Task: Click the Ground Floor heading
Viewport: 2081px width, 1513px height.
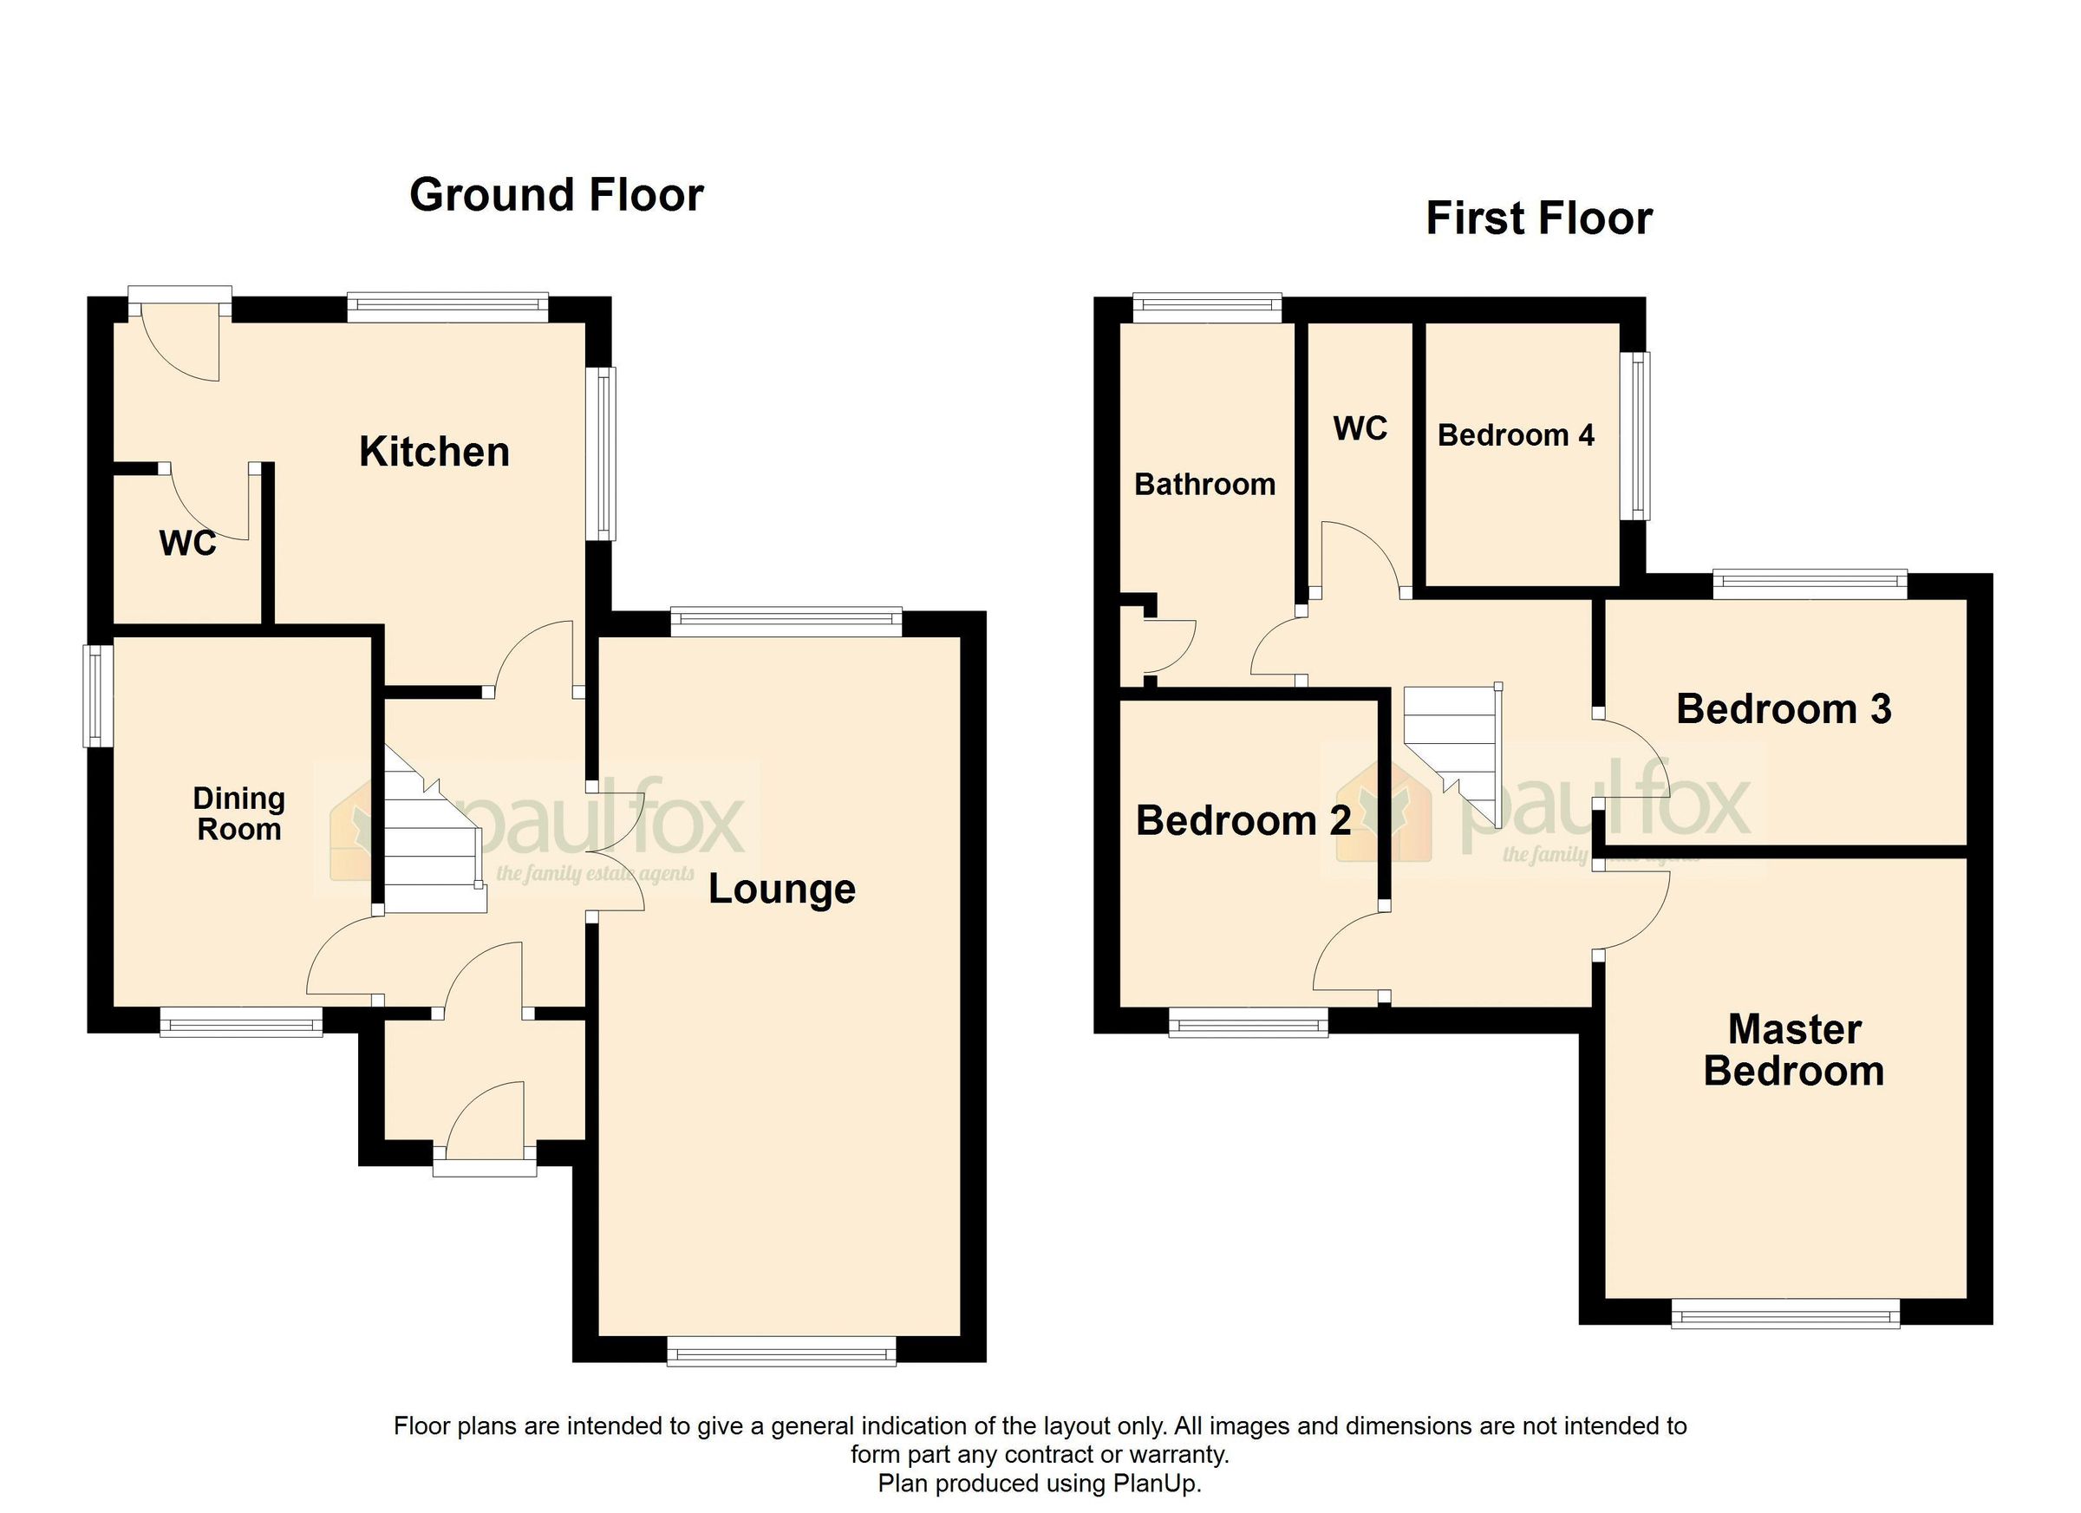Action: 556,195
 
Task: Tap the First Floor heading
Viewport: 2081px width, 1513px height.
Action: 1539,219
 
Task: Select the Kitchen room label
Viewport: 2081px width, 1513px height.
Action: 434,453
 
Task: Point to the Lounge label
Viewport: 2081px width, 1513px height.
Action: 782,889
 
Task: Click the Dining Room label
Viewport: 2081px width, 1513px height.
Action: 238,814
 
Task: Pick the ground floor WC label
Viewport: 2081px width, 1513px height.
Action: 187,543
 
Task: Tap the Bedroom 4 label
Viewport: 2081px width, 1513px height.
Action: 1515,435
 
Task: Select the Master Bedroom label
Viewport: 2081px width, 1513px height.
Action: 1793,1051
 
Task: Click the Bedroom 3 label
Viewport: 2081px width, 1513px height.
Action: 1783,709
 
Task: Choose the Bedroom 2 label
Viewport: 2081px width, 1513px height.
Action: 1243,821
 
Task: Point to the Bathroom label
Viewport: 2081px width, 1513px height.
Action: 1204,485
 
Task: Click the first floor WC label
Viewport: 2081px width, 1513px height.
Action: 1360,428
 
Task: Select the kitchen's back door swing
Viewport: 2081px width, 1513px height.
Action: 184,344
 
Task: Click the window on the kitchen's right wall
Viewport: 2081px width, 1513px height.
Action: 603,454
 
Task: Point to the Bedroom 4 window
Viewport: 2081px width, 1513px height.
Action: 1635,435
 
